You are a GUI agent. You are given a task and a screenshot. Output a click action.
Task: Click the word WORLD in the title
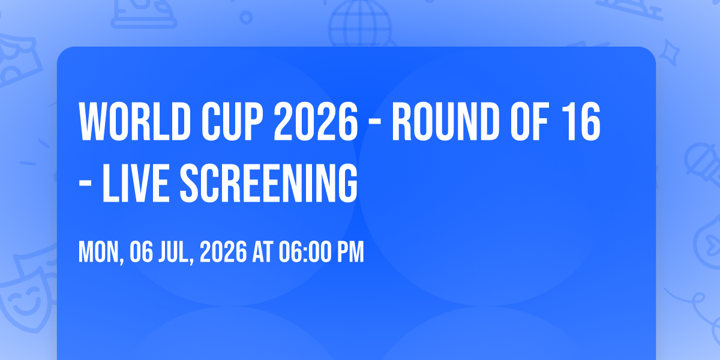point(135,121)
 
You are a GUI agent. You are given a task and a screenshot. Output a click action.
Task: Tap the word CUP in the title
point(232,121)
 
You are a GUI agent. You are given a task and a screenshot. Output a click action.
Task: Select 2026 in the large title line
point(316,121)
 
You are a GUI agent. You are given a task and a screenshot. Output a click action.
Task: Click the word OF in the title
point(529,121)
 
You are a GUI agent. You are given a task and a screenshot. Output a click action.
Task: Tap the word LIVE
point(136,183)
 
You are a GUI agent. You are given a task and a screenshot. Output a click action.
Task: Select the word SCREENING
point(268,183)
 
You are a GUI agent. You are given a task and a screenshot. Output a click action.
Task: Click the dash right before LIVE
point(85,185)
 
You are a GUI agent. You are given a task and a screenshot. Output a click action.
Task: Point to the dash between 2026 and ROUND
point(375,123)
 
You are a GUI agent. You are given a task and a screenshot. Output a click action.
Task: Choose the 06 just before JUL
point(141,252)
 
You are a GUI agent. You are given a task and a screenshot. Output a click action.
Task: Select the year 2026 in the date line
point(223,252)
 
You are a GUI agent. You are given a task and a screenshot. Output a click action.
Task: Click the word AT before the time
point(263,252)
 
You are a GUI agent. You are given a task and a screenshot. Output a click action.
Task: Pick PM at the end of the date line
point(350,252)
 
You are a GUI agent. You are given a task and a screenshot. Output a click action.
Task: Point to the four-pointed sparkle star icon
point(670,53)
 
